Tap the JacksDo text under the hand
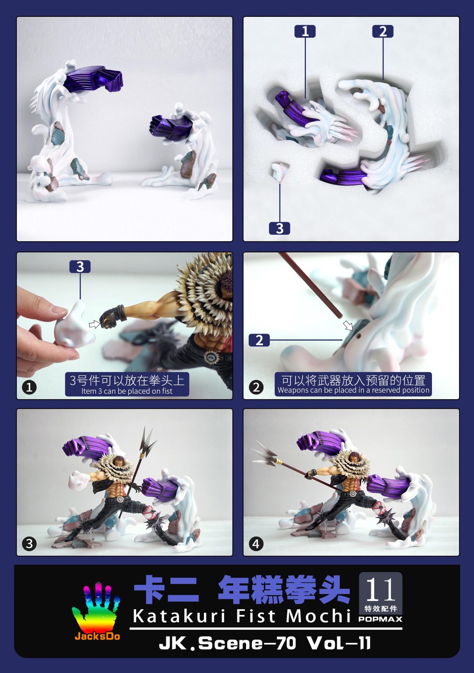[x=97, y=636]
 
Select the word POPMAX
[x=380, y=619]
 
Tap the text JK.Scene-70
[x=227, y=643]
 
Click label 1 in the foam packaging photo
[x=305, y=32]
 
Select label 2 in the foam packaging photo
[x=383, y=32]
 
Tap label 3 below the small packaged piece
[x=279, y=228]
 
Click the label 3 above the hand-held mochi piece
[x=80, y=267]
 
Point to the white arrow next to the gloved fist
[x=95, y=324]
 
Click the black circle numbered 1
[x=29, y=387]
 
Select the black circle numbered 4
[x=256, y=544]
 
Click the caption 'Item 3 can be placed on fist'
[x=127, y=391]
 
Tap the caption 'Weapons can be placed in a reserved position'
[x=353, y=390]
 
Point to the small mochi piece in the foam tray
[x=280, y=171]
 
